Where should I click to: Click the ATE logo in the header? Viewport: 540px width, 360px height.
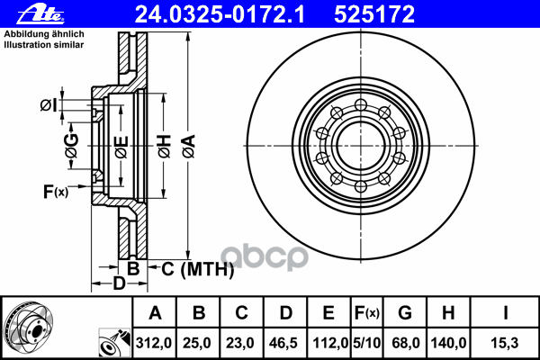[40, 14]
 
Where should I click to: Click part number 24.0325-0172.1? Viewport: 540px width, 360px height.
[220, 14]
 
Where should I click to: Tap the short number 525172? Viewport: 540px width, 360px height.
[374, 14]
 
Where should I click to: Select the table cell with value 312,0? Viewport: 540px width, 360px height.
[154, 343]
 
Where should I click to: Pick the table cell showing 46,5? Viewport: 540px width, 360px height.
[284, 343]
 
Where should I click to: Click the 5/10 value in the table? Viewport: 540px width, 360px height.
[367, 343]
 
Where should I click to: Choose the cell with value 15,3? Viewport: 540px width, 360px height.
[505, 343]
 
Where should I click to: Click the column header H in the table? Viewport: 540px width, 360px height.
[448, 313]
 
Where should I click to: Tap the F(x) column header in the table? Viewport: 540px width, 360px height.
[367, 313]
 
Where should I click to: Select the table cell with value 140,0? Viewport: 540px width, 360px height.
[448, 343]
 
